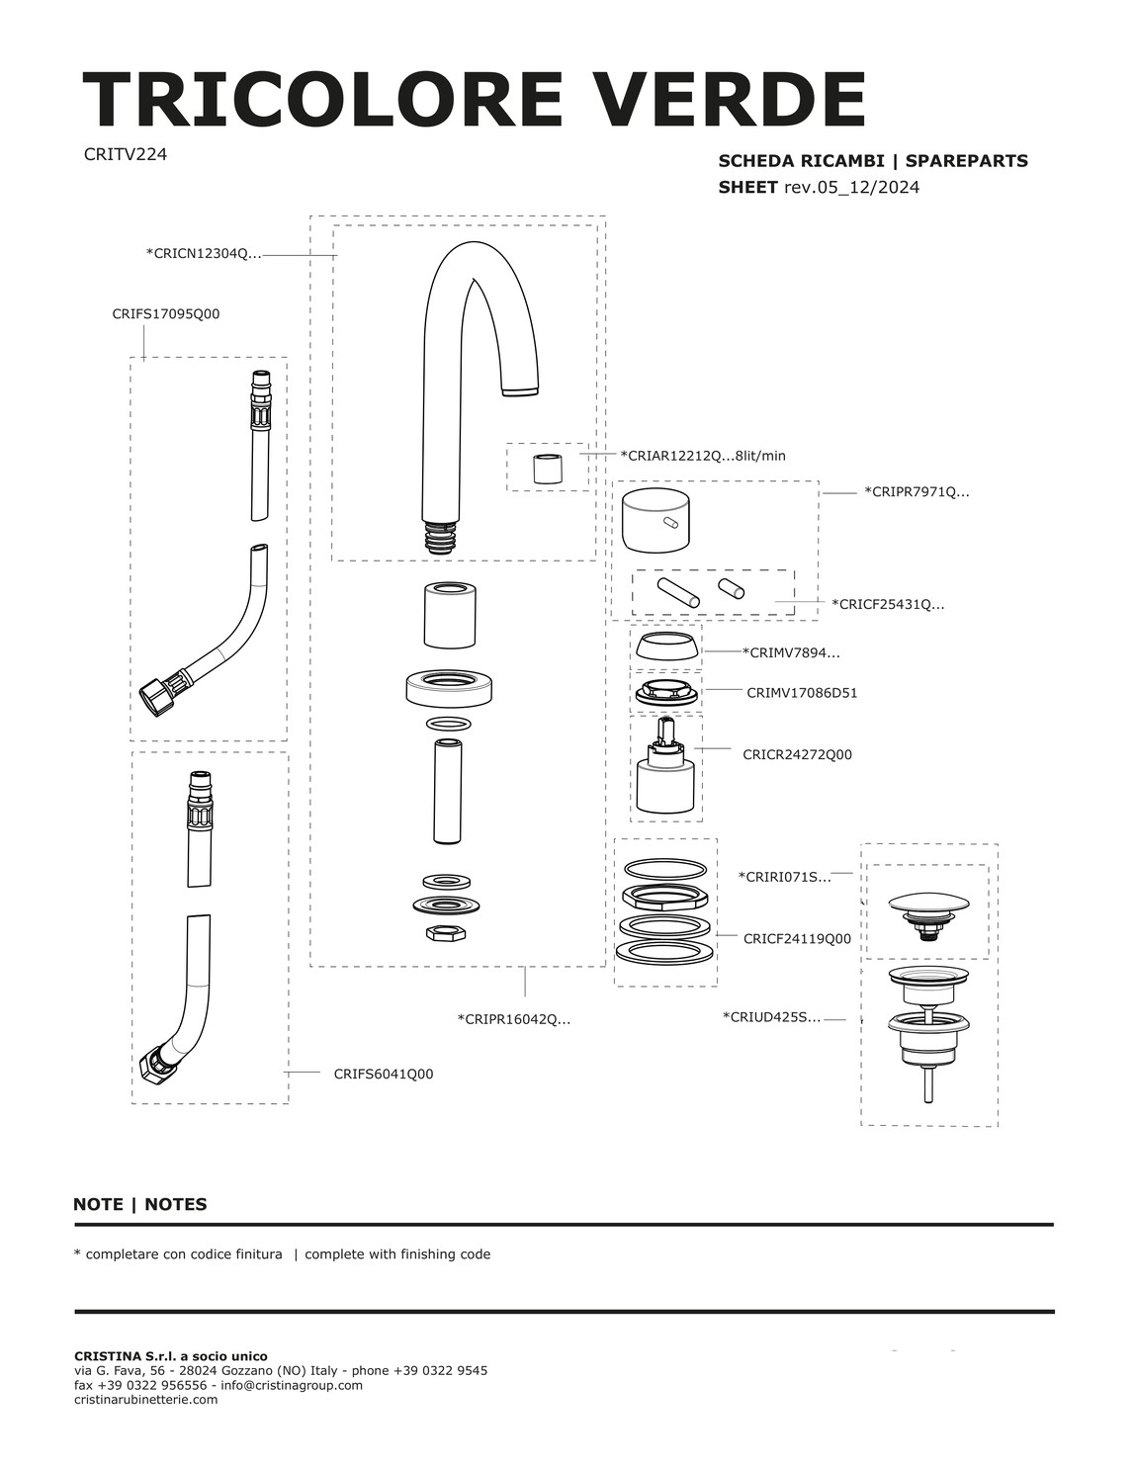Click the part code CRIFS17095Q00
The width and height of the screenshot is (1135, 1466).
pos(165,313)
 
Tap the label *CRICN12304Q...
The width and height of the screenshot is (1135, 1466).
pos(203,254)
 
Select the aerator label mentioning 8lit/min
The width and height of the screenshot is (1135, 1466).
pos(703,456)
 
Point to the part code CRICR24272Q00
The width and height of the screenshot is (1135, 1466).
pos(797,754)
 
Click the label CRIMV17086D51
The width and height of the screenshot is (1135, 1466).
pos(802,693)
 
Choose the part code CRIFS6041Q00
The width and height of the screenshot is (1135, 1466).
pos(384,1074)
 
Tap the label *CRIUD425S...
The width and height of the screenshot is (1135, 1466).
pos(771,1016)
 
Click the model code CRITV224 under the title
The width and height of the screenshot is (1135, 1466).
pos(126,154)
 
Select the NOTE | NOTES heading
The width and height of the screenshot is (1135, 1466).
pos(140,1204)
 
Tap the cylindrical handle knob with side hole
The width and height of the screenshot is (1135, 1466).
pos(655,520)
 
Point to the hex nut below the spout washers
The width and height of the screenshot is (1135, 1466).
pos(446,933)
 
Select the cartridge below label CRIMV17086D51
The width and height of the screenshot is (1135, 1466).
pos(666,766)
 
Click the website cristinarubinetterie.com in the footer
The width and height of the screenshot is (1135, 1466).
pos(145,1399)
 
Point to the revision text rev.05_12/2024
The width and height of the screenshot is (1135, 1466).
pos(851,187)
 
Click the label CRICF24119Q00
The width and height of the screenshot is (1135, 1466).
pos(797,938)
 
